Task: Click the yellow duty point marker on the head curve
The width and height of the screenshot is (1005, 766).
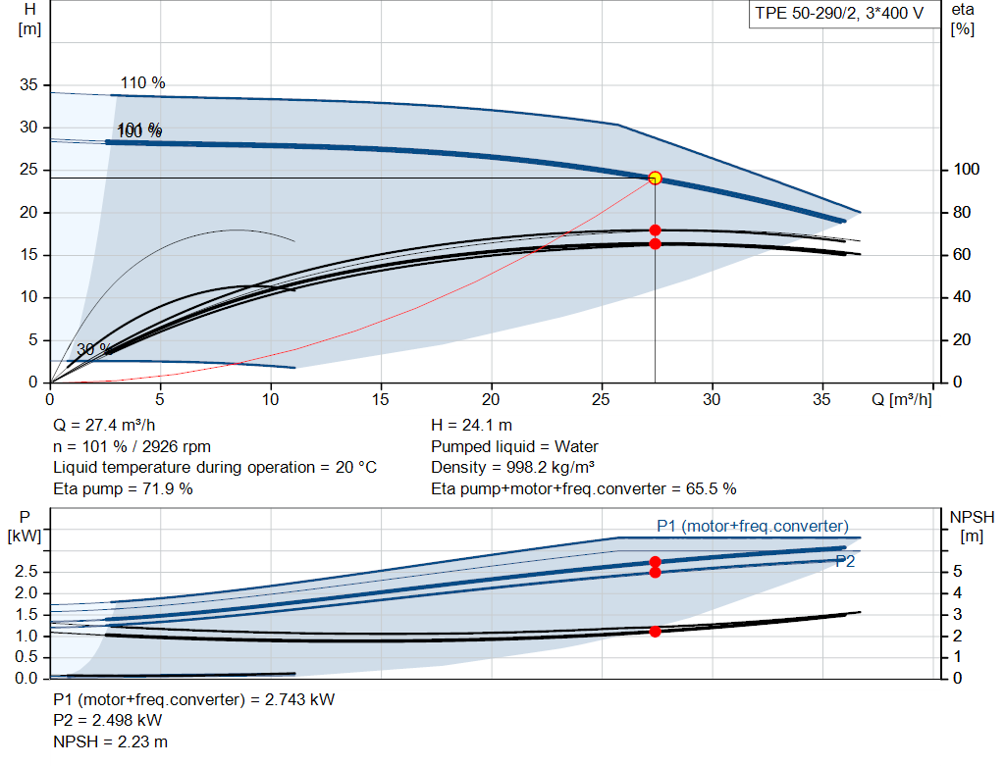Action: [655, 178]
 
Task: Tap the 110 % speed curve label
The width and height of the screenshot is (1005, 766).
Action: [142, 83]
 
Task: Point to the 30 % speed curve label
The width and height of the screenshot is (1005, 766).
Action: [92, 350]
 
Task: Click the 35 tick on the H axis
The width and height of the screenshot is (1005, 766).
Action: [29, 85]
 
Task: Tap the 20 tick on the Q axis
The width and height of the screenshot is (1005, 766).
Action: [492, 399]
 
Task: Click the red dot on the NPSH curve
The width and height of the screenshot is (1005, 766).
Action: [655, 631]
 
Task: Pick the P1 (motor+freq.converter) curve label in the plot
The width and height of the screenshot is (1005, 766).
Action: [752, 527]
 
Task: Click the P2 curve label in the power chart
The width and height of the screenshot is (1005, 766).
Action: [844, 561]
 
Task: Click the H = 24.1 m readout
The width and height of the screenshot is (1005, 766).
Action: [471, 426]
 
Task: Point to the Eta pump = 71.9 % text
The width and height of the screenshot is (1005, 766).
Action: [123, 488]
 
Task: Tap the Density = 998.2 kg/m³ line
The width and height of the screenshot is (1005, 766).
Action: [513, 468]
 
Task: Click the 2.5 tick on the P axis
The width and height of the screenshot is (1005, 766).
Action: [27, 572]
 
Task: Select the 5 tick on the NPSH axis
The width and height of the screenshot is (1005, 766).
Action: [958, 572]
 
